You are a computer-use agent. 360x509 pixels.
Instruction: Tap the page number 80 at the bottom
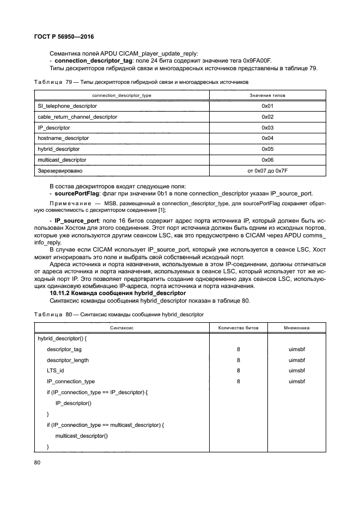[x=38, y=463]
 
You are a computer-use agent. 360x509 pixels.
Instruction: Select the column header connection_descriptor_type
[x=121, y=95]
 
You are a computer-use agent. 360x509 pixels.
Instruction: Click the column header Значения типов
[x=267, y=95]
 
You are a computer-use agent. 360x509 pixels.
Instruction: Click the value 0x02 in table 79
[x=267, y=116]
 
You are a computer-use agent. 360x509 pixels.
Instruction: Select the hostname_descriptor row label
[x=63, y=138]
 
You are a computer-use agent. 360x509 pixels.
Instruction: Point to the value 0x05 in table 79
[x=267, y=149]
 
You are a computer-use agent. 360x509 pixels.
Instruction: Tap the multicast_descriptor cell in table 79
[x=62, y=160]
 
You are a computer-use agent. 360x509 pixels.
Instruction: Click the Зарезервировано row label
[x=60, y=170]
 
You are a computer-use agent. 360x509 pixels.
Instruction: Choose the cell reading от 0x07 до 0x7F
[x=267, y=170]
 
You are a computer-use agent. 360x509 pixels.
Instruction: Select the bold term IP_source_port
[x=75, y=220]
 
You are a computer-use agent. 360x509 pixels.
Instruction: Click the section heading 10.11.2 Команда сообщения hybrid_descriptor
[x=118, y=293]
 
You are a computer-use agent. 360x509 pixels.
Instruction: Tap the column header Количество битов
[x=239, y=328]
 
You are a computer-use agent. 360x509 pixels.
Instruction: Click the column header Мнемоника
[x=297, y=328]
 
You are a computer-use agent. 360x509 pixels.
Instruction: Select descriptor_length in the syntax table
[x=68, y=360]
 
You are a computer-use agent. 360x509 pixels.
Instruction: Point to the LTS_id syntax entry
[x=56, y=371]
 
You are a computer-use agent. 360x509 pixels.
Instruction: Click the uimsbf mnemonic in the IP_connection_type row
[x=297, y=382]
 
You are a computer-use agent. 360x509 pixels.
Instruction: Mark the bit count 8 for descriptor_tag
[x=239, y=349]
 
